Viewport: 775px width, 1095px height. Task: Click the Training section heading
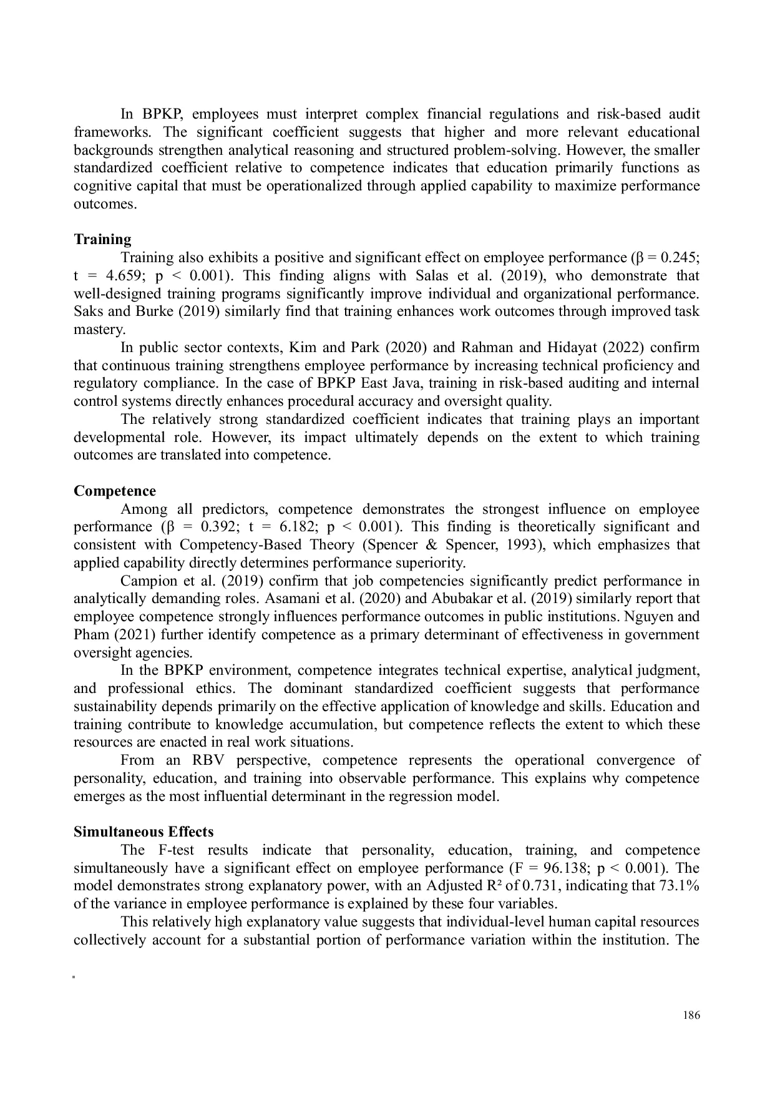pos(102,240)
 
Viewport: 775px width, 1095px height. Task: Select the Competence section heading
pos(115,491)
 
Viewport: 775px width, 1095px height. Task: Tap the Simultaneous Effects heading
pos(144,832)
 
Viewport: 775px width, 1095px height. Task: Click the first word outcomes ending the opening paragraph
pos(104,204)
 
